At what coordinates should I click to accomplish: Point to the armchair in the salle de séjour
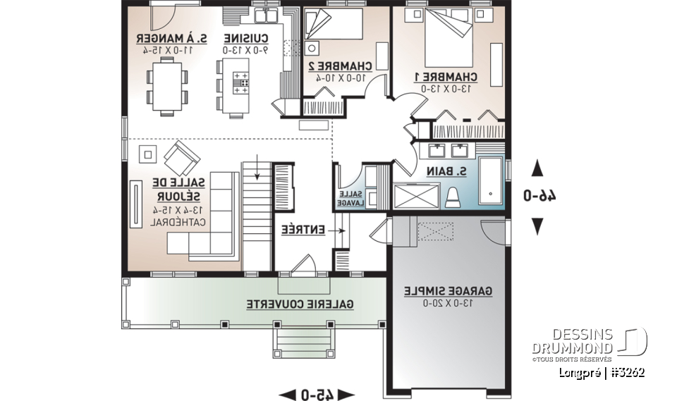tap(181, 158)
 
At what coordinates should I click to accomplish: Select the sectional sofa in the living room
tap(210, 218)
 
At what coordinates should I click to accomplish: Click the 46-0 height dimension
tap(537, 195)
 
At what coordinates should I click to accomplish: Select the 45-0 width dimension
tap(317, 393)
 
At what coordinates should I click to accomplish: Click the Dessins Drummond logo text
tap(573, 340)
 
